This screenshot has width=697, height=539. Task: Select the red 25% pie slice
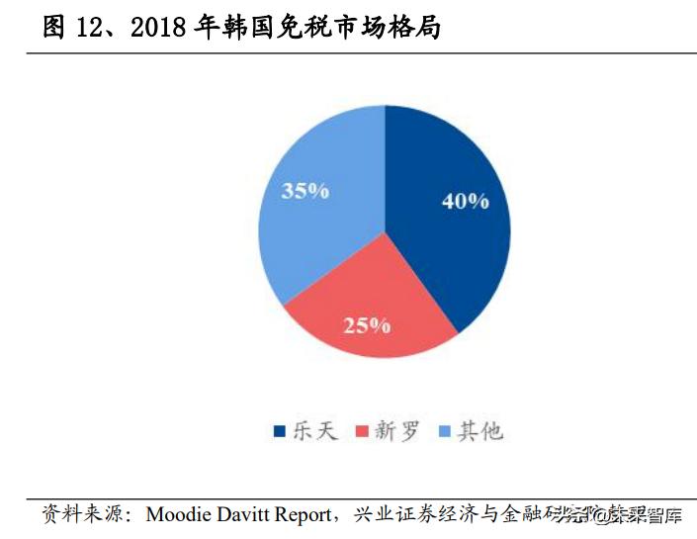(371, 312)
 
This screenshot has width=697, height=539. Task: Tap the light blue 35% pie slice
(316, 208)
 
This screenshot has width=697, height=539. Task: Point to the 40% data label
(465, 201)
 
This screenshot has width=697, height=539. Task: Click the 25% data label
(367, 324)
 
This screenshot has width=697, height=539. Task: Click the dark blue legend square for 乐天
(279, 431)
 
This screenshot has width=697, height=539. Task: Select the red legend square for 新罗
(361, 431)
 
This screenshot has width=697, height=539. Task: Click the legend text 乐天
(313, 431)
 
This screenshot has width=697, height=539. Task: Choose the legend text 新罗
(395, 431)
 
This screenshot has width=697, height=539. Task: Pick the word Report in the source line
(299, 515)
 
